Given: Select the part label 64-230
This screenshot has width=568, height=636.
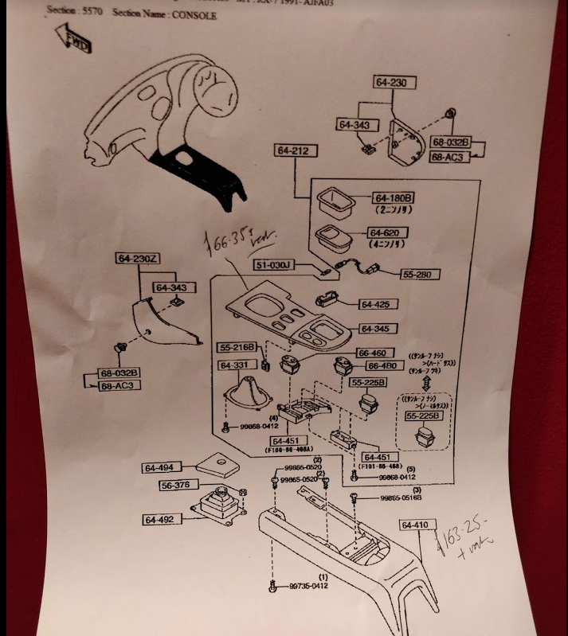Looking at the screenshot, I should tap(394, 82).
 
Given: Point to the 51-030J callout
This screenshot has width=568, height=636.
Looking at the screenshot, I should tap(274, 264).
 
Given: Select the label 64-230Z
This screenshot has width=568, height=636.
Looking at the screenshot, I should tap(137, 258).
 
